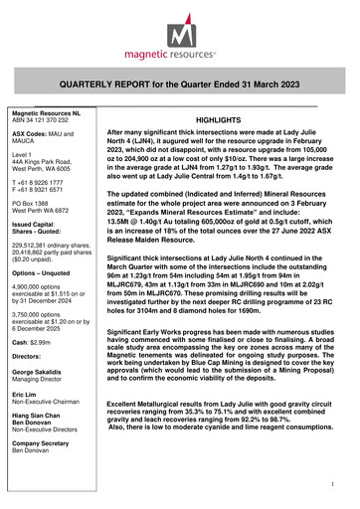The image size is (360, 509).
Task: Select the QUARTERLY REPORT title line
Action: (x=180, y=86)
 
